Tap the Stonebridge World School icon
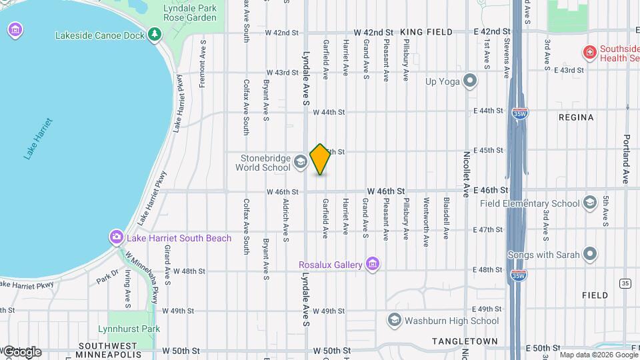click(300, 161)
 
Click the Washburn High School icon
click(394, 321)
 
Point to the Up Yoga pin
click(471, 81)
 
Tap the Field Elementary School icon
click(589, 203)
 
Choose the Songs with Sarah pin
click(589, 254)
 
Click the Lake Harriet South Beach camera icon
click(117, 237)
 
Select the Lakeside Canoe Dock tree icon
click(155, 33)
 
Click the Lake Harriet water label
click(38, 139)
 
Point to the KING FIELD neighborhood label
click(427, 32)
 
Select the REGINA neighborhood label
click(575, 117)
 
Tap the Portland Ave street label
click(627, 160)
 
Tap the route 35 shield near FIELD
click(625, 283)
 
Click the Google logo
click(21, 351)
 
